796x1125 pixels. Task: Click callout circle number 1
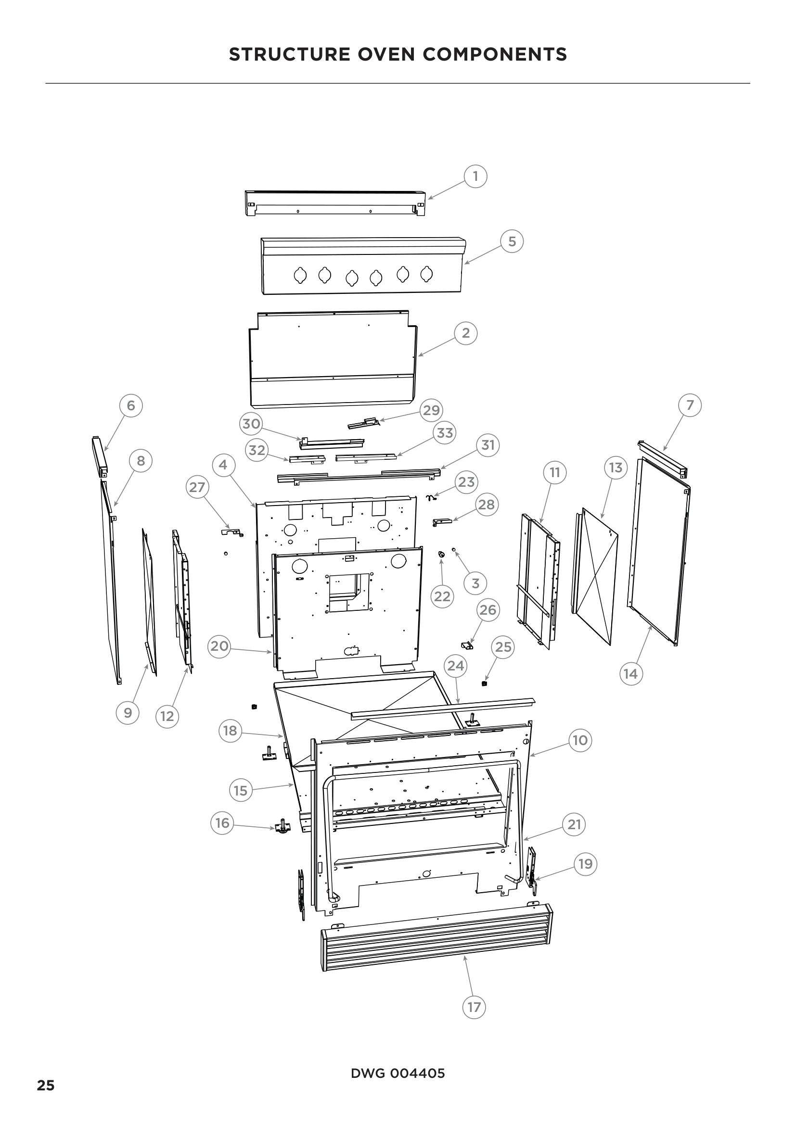click(475, 176)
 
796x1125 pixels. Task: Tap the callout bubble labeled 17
click(474, 1007)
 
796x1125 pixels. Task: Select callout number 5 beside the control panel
click(512, 241)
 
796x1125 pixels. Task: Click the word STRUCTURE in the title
click(289, 54)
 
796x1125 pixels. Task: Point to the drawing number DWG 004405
click(398, 1074)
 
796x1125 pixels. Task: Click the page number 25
click(46, 1085)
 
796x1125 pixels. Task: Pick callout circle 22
click(442, 596)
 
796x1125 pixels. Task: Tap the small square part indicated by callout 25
click(484, 683)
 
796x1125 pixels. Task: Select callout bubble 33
click(445, 433)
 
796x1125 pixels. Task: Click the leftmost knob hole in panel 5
click(300, 276)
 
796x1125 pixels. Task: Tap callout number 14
click(631, 674)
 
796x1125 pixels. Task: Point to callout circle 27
click(197, 487)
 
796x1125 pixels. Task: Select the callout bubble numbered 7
click(690, 405)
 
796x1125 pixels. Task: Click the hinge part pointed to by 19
click(531, 870)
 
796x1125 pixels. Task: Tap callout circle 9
click(128, 712)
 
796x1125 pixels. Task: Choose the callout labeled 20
click(219, 646)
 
